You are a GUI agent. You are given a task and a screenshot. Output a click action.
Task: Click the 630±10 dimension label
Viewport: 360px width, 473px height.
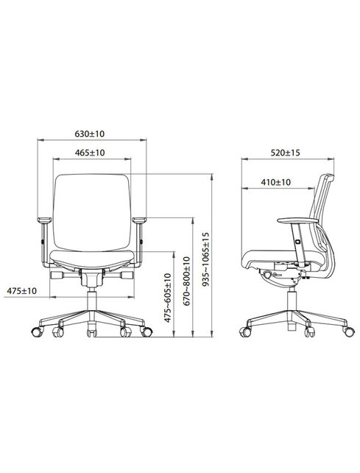[91, 134]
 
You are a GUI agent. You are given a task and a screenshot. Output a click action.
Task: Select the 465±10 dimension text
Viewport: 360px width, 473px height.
[91, 153]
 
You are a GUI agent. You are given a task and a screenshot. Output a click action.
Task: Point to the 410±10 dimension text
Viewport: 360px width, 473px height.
[275, 181]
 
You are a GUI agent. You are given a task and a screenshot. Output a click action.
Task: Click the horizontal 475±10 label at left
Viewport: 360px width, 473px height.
[21, 292]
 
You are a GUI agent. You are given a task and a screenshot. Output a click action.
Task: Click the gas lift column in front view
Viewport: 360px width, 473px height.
[92, 301]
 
